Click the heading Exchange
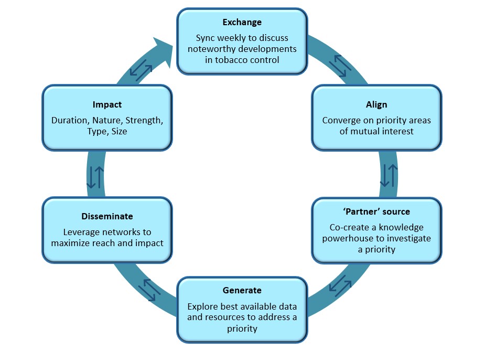(x=242, y=22)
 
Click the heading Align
(x=376, y=104)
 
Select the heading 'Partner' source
(x=376, y=211)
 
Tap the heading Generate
(x=242, y=290)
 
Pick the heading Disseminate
(x=107, y=216)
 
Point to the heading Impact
(x=107, y=104)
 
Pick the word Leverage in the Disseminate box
(x=82, y=232)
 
